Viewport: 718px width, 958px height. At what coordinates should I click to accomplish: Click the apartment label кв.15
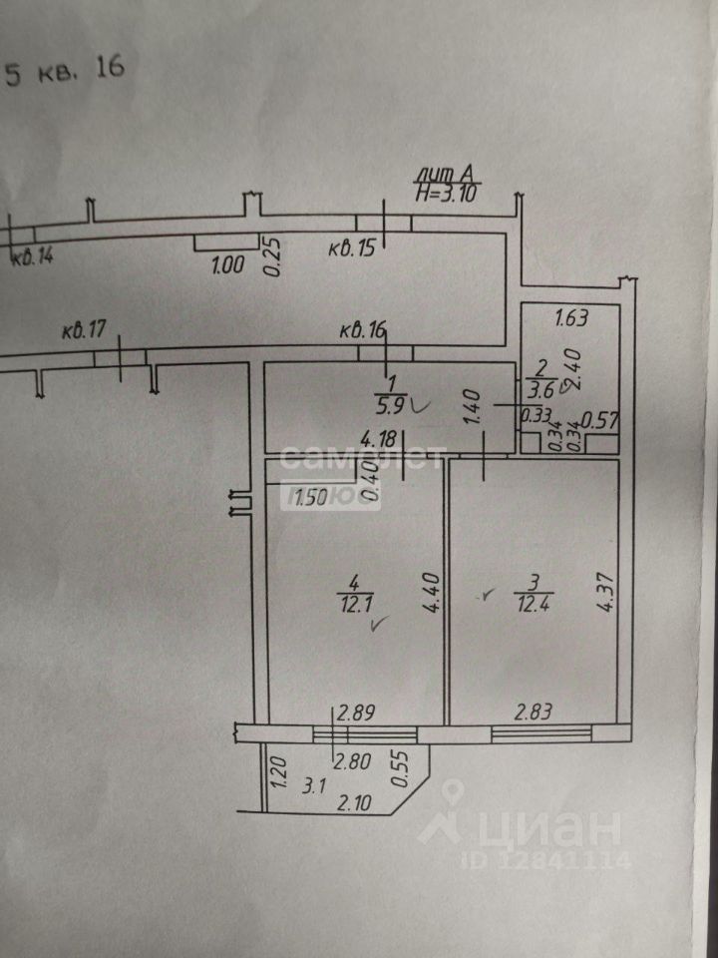(351, 249)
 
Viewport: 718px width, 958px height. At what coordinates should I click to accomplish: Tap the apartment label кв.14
(32, 256)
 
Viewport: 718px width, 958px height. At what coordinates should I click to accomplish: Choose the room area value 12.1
(352, 605)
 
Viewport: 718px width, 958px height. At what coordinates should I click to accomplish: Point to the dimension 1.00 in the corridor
(227, 265)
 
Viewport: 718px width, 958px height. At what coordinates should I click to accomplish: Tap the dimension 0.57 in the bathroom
(599, 421)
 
